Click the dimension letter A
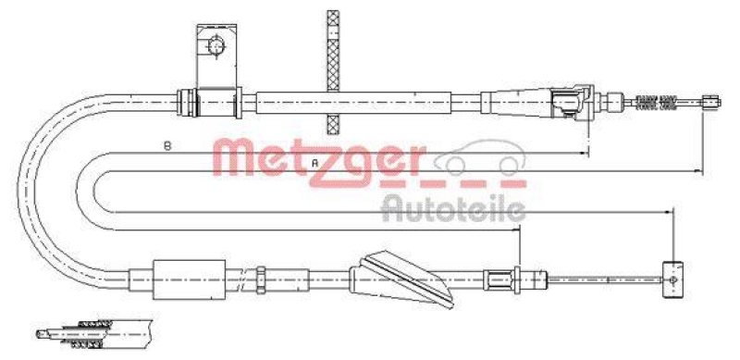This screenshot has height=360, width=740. pos(315,164)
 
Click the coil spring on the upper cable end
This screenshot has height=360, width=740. pos(657,101)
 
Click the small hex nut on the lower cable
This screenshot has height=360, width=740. pos(262,274)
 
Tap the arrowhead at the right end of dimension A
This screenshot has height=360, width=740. pos(698,171)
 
